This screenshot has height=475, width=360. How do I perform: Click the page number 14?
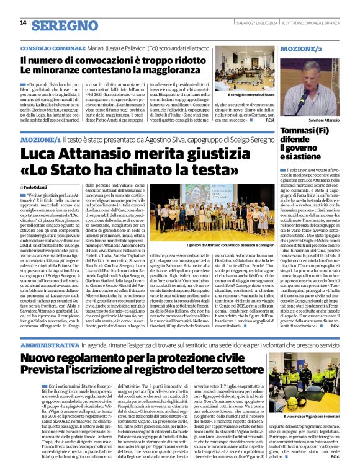click(23, 23)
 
